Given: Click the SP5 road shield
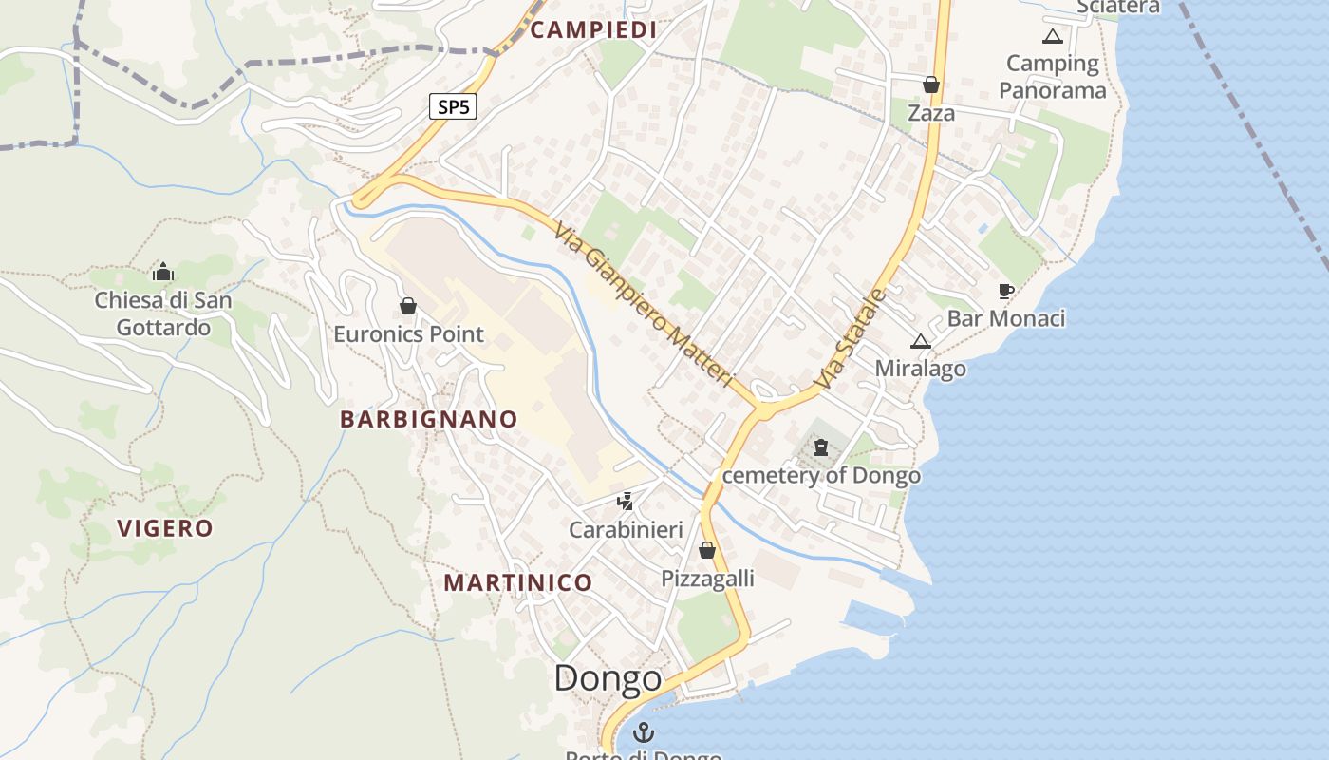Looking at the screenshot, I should [453, 106].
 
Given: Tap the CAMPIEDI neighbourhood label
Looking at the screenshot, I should [593, 29].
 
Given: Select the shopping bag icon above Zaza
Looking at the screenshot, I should [931, 85].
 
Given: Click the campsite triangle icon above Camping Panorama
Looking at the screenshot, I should [1052, 37].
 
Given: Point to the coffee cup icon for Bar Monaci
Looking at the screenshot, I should [1006, 291].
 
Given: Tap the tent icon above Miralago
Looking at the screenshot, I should [920, 341].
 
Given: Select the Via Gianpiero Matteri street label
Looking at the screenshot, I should [646, 304].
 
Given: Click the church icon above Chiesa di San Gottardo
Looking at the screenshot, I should [162, 273].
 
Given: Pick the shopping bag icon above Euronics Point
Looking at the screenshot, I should [408, 306].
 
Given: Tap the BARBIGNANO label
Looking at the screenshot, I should [429, 419].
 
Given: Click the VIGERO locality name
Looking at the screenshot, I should [165, 528].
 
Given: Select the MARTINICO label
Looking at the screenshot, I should [518, 582].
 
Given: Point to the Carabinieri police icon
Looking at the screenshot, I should [626, 501].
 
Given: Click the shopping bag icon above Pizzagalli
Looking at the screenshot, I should [707, 550].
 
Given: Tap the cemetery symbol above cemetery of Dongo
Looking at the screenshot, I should [821, 447].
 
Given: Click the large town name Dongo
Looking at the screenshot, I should [608, 678].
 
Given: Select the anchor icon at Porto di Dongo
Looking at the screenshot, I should [645, 732].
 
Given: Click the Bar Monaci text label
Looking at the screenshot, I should [1006, 318].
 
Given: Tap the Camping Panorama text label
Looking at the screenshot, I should [1052, 77].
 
